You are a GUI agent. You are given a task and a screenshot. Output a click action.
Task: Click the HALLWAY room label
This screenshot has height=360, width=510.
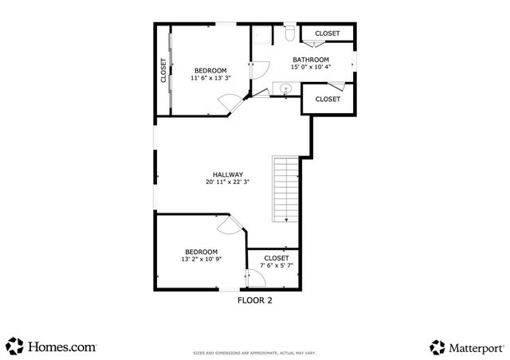[227, 174]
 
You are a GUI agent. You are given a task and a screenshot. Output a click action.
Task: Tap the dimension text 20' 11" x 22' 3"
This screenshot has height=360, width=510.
[227, 182]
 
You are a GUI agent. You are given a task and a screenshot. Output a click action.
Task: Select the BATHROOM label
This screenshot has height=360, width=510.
[311, 60]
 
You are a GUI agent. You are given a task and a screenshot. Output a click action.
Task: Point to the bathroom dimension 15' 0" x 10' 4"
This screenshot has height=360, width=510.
[311, 68]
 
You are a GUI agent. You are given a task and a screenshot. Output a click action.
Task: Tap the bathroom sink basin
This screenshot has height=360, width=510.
[284, 88]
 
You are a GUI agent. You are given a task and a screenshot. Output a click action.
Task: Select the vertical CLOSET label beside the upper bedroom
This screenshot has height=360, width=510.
[163, 70]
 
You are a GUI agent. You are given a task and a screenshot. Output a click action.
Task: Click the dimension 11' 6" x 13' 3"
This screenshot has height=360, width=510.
[210, 78]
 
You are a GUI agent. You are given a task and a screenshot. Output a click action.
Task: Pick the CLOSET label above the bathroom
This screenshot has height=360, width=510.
[327, 33]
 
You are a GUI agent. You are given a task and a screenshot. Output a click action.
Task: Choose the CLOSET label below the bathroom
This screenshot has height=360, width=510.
[328, 100]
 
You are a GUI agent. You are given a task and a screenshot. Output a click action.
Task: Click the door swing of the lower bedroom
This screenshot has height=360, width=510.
[227, 226]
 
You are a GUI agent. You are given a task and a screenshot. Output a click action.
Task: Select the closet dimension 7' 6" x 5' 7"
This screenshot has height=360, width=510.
[276, 266]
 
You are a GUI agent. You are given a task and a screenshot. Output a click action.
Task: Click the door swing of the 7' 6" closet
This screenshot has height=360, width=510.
[257, 278]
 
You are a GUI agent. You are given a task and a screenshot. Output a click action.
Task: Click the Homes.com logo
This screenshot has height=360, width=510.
[52, 346]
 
